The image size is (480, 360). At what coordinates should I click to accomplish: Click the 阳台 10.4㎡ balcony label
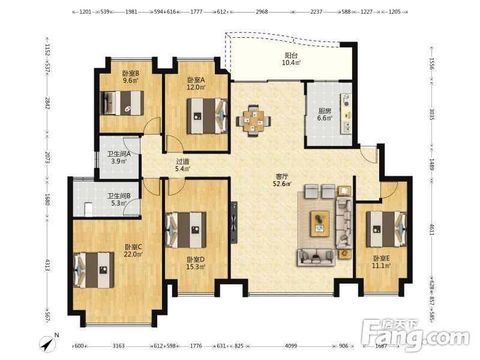(x=291, y=59)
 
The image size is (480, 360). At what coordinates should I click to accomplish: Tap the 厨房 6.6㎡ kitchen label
(x=325, y=114)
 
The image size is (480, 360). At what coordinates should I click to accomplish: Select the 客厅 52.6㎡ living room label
(x=282, y=180)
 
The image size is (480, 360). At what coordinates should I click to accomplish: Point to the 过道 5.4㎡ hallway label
(x=183, y=164)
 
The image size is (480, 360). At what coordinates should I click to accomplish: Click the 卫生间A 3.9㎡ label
(x=119, y=157)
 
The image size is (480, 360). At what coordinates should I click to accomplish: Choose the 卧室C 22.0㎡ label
(x=133, y=250)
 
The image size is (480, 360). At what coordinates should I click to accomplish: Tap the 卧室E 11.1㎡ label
(x=381, y=262)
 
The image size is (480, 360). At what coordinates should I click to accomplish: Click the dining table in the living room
(x=253, y=122)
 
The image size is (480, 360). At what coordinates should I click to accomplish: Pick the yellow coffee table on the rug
(x=320, y=223)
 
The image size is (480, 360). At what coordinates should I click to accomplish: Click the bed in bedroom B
(x=122, y=103)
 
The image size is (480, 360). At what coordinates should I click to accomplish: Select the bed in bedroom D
(x=185, y=230)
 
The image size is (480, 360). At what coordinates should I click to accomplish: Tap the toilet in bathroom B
(x=88, y=209)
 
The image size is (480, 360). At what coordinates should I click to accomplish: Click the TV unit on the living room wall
(x=234, y=222)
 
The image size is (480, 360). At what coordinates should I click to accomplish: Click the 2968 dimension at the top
(x=262, y=12)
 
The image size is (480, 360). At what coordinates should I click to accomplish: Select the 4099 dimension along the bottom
(x=291, y=346)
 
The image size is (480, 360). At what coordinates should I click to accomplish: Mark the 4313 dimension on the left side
(x=47, y=265)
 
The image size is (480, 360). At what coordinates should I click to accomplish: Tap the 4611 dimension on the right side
(x=431, y=230)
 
